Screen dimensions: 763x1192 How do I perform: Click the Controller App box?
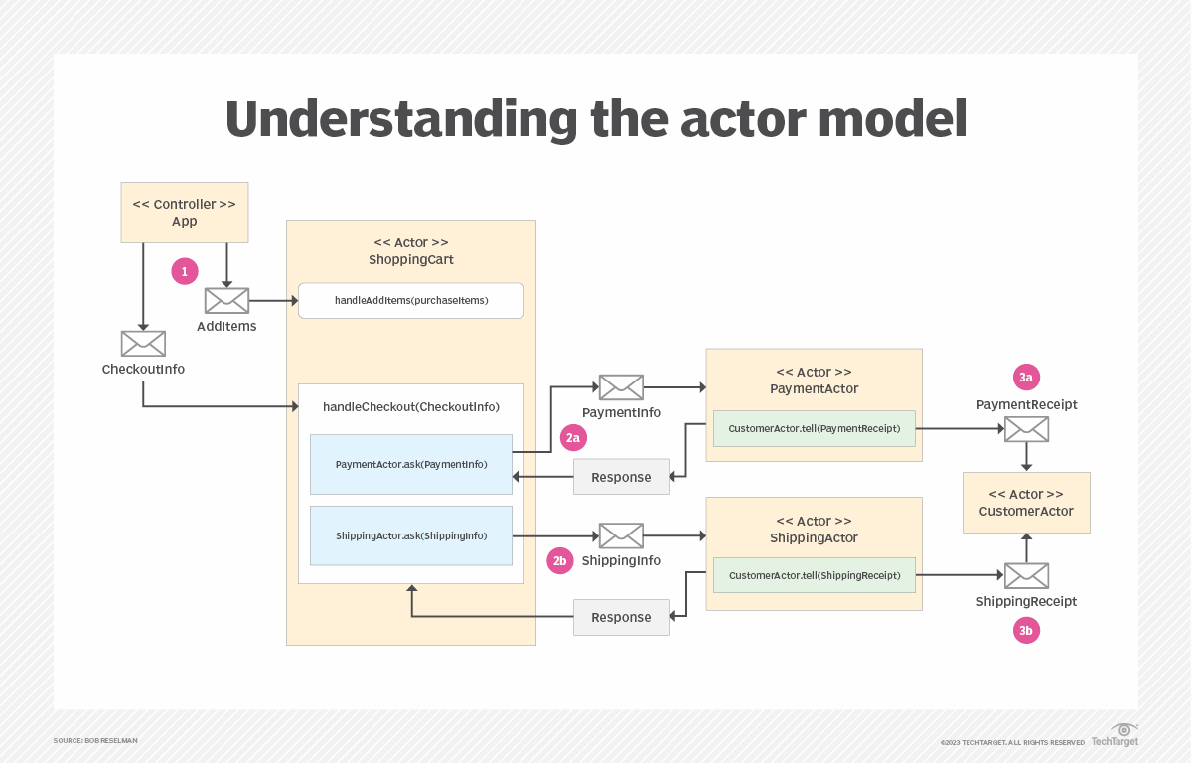[x=185, y=212]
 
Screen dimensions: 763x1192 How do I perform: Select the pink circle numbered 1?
[x=184, y=271]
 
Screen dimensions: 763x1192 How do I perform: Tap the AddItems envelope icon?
[x=226, y=300]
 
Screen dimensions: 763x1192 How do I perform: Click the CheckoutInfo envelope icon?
[x=143, y=344]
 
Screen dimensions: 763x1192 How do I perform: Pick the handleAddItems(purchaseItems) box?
[x=410, y=301]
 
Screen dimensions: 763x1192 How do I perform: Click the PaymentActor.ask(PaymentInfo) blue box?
[x=410, y=464]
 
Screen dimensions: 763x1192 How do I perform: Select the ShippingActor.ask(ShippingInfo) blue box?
[x=410, y=535]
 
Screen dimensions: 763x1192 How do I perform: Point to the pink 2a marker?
[x=572, y=437]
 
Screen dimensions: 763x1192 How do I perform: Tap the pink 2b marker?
[x=560, y=561]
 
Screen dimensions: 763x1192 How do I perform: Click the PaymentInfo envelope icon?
[x=621, y=387]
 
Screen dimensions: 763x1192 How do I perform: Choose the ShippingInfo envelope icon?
[x=621, y=535]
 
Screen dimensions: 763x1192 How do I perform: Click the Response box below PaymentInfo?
[x=621, y=478]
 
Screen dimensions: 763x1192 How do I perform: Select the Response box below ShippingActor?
[x=621, y=618]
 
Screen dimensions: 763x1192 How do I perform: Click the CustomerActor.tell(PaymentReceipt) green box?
[x=814, y=429]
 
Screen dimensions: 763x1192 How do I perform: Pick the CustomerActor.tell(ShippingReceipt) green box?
[x=814, y=575]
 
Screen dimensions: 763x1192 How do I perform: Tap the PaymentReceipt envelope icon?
[x=1026, y=429]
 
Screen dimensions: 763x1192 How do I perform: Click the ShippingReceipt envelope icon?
[x=1026, y=575]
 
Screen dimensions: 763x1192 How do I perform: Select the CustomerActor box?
[x=1026, y=503]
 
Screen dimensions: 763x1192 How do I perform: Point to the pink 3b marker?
[x=1026, y=631]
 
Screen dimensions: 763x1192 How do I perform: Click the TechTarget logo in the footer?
[x=1115, y=736]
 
